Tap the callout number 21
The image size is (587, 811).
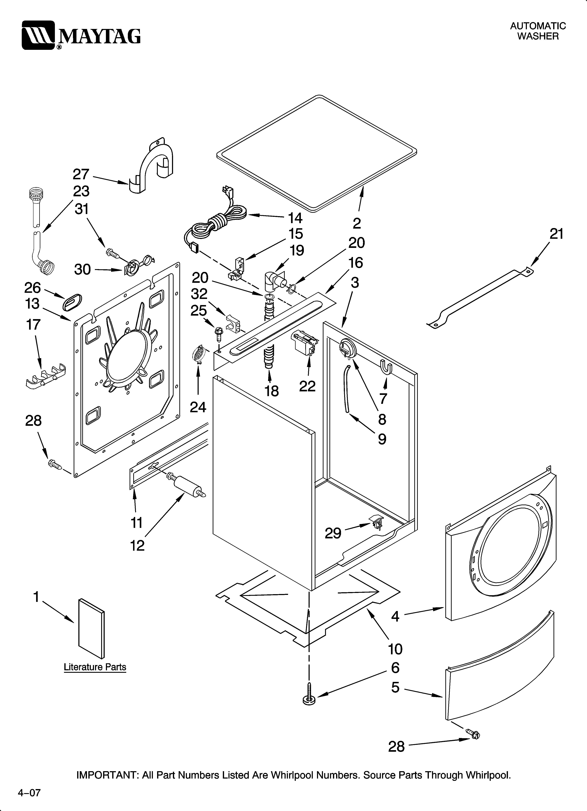[x=556, y=234]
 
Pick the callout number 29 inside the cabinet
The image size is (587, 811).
[x=333, y=533]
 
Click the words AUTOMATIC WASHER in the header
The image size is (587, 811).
[x=538, y=31]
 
